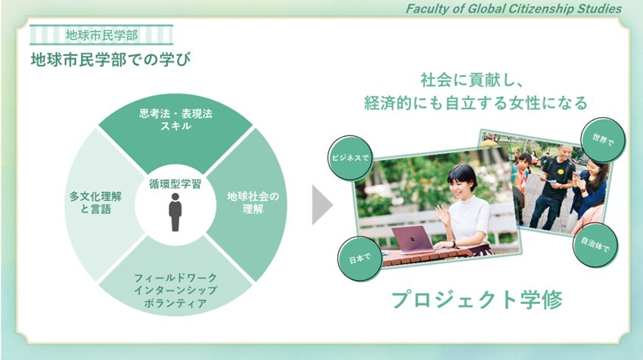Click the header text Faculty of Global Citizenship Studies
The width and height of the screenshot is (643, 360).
point(514,8)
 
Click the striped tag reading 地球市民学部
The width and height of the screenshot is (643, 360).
point(101,35)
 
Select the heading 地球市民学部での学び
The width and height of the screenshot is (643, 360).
point(110,60)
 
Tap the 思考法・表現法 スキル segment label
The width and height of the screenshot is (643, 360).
point(176,119)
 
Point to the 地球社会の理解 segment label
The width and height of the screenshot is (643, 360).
point(253,203)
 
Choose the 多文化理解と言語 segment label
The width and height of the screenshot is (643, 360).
point(95,203)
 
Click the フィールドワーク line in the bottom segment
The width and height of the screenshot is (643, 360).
point(176,278)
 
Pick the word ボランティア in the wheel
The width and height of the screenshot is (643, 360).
point(176,303)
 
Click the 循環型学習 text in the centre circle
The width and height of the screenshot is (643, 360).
point(175,184)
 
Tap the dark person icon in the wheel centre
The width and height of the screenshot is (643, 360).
point(175,212)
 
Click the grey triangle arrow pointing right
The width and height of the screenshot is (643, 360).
point(322,205)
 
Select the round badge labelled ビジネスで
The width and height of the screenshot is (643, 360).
point(349,158)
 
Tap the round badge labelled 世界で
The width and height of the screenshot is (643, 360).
point(603,140)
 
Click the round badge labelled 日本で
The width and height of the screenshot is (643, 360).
point(359,259)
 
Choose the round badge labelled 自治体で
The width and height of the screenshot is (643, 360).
point(595,245)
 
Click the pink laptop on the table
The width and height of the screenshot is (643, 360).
point(413,240)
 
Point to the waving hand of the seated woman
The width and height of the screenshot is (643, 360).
point(441,213)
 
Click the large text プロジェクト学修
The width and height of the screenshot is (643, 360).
point(477,299)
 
